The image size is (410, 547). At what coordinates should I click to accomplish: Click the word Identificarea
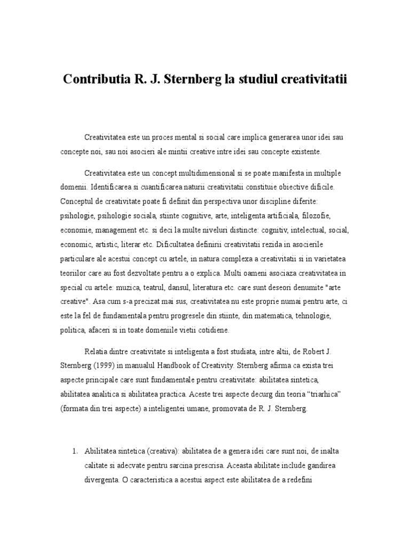pyautogui.click(x=114, y=188)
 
